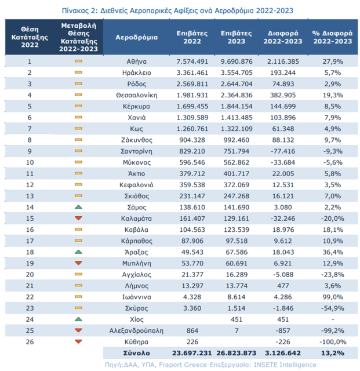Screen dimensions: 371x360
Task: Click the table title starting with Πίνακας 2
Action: pyautogui.click(x=180, y=10)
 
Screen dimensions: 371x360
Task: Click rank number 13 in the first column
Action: pyautogui.click(x=28, y=195)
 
